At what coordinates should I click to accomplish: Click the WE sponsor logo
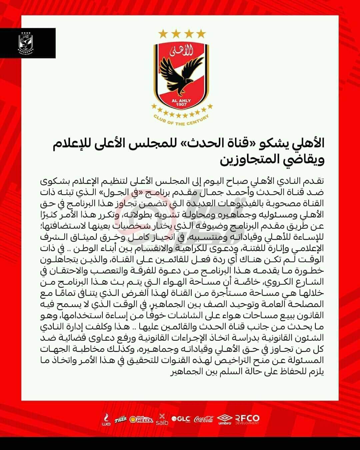tap(106, 419)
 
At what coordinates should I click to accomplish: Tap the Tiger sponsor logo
tap(121, 419)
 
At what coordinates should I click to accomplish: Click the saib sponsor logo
tap(162, 419)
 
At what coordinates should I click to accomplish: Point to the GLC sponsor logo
tap(181, 419)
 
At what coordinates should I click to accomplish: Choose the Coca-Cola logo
tap(204, 419)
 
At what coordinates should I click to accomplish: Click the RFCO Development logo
tap(247, 419)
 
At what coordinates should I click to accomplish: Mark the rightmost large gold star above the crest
tap(201, 33)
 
